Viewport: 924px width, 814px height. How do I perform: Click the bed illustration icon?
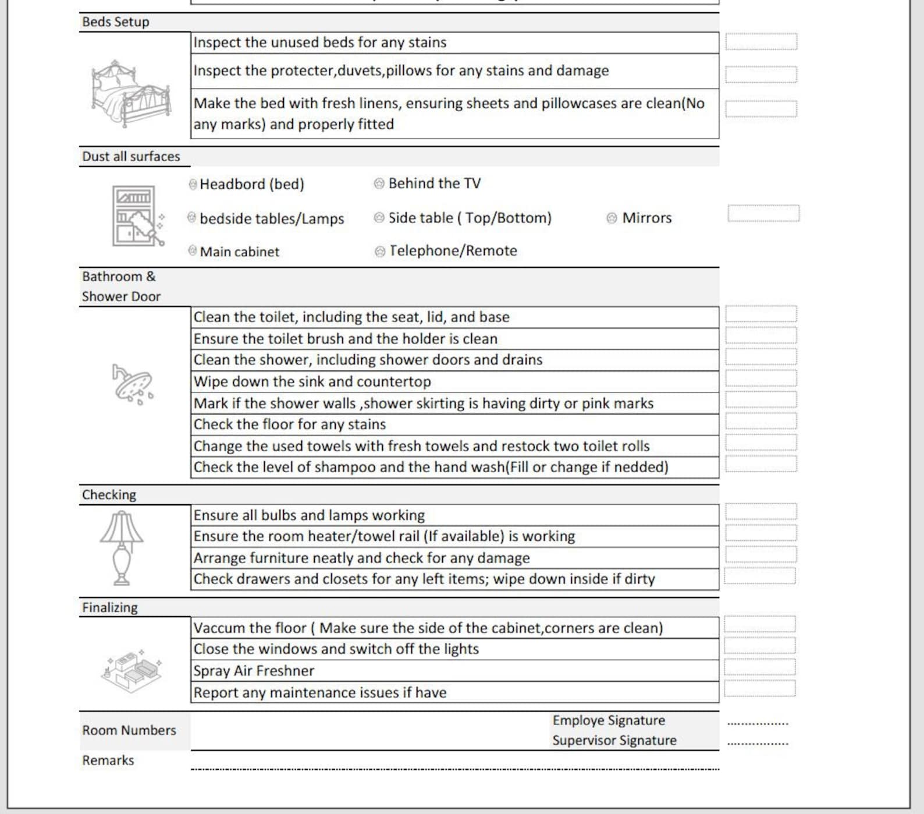[x=132, y=92]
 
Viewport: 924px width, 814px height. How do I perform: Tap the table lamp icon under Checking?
[x=122, y=547]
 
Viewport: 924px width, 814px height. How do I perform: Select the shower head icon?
[x=133, y=383]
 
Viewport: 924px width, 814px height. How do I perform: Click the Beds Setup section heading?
[x=116, y=22]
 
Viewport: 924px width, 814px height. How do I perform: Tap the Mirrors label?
[x=646, y=218]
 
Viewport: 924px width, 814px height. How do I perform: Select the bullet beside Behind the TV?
[x=379, y=184]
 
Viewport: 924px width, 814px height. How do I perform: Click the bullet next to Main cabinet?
[x=193, y=251]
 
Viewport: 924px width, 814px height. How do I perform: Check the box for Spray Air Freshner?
[x=759, y=667]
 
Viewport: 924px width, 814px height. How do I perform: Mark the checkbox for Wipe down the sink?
[x=760, y=378]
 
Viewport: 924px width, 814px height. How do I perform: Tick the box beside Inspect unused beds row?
[x=760, y=42]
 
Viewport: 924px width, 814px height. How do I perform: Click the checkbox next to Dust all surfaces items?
[x=763, y=214]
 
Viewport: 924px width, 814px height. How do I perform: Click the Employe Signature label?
[x=608, y=720]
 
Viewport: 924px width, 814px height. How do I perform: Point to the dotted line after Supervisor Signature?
[x=758, y=744]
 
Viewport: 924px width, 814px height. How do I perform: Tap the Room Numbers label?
[x=129, y=730]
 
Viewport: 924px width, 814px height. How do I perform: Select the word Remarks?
[x=108, y=760]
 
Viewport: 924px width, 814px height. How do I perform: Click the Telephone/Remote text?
[x=453, y=251]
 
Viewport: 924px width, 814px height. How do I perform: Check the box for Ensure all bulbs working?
[x=760, y=512]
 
